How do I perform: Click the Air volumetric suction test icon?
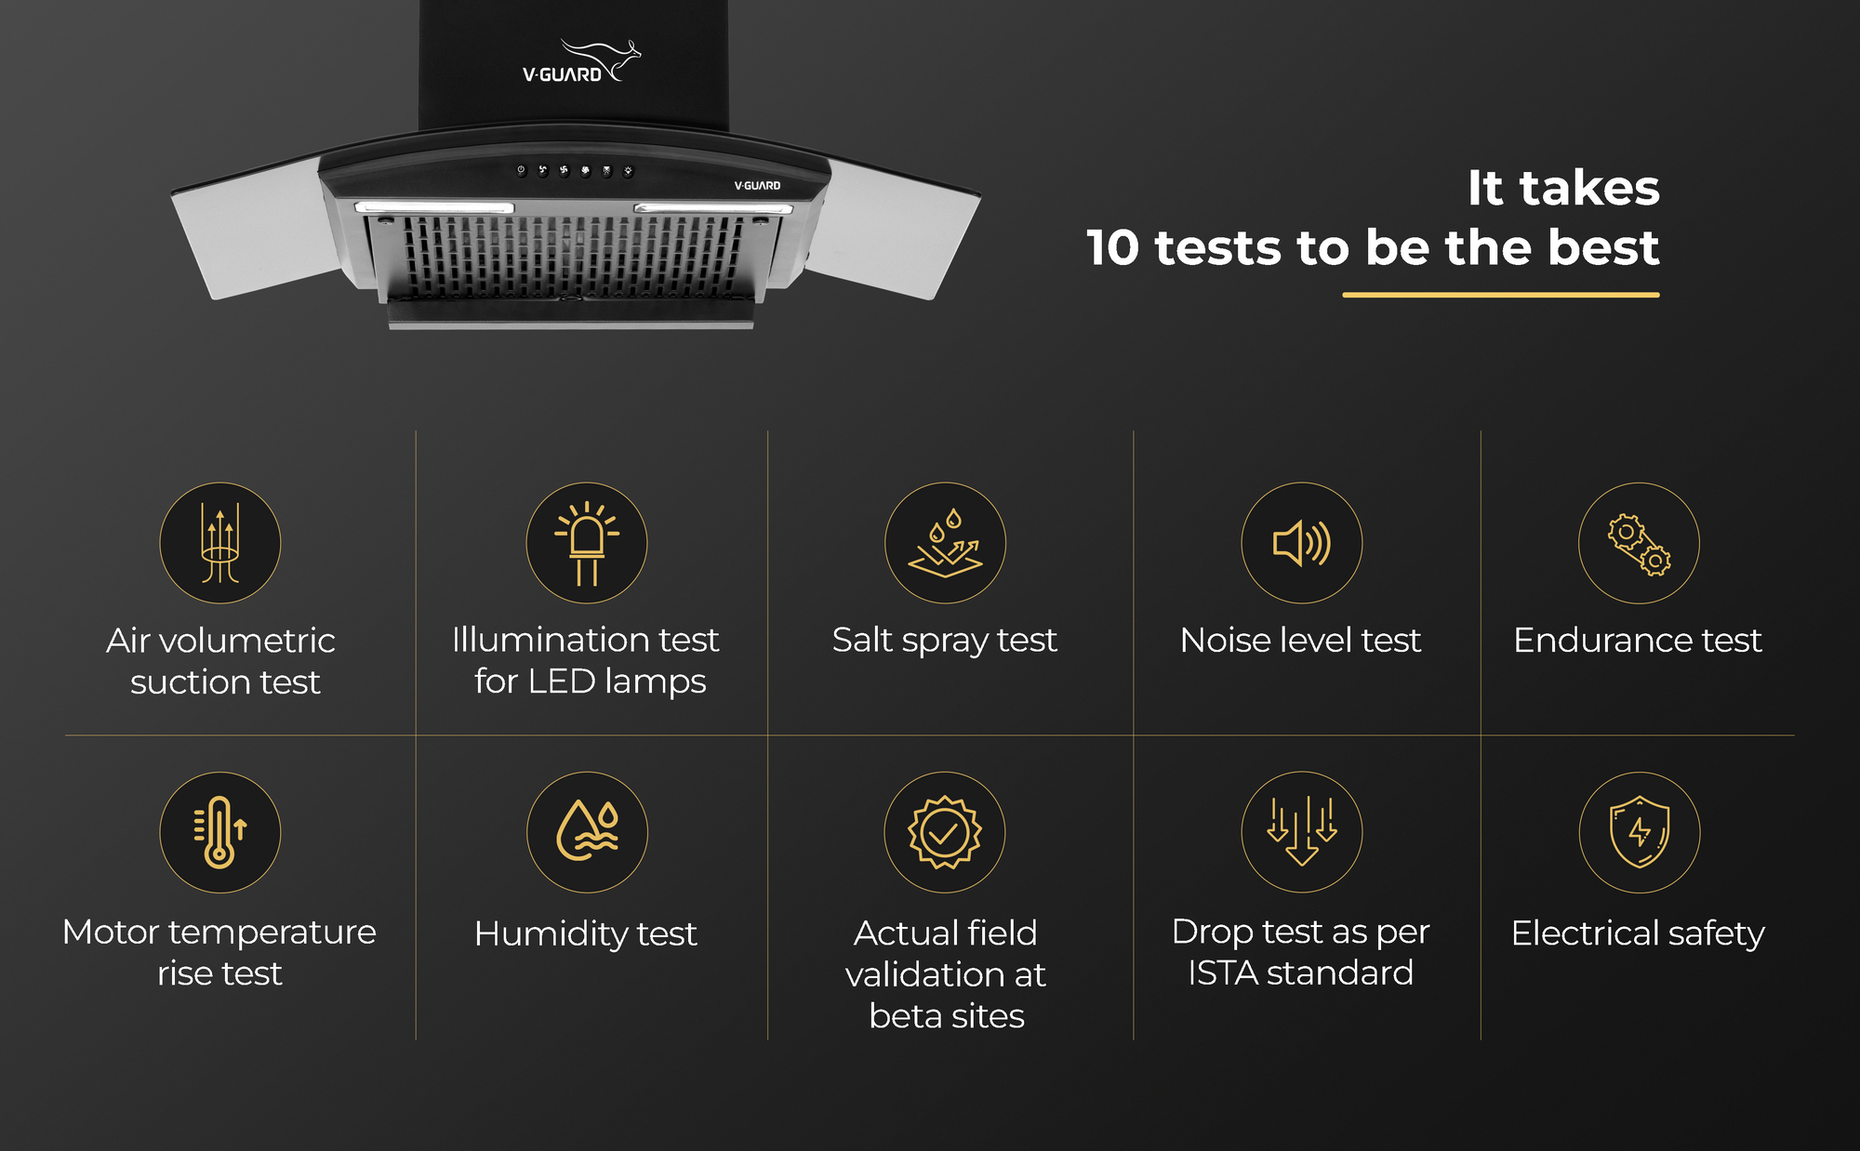click(x=220, y=543)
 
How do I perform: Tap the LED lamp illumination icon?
click(x=587, y=543)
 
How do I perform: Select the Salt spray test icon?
click(x=945, y=543)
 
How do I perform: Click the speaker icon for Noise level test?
click(x=1302, y=543)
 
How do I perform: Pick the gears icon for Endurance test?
click(x=1639, y=543)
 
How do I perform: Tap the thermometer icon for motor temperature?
click(x=220, y=832)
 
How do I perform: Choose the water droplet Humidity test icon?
click(x=587, y=832)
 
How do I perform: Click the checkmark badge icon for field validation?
click(x=945, y=832)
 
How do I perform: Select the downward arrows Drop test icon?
click(x=1302, y=832)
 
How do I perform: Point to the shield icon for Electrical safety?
click(x=1640, y=832)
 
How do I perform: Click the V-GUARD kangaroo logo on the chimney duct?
click(x=581, y=61)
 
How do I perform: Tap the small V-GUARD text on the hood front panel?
click(x=757, y=186)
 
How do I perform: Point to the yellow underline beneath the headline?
click(x=1501, y=295)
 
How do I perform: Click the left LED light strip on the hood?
click(x=434, y=207)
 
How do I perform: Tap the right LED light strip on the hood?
click(x=713, y=208)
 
